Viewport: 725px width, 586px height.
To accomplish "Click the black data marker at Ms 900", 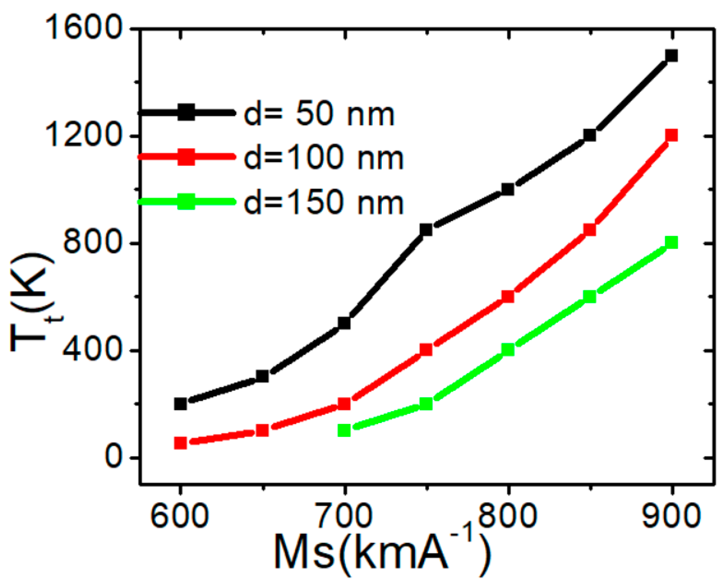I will [x=671, y=55].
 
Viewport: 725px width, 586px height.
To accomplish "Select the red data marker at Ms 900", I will [x=671, y=135].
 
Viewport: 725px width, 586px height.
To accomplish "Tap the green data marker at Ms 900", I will [x=671, y=243].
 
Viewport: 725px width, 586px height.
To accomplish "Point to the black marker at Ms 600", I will [x=181, y=404].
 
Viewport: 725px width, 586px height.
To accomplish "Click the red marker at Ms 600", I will [x=181, y=443].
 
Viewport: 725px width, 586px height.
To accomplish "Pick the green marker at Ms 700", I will [x=344, y=431].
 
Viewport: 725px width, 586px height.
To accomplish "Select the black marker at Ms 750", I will [x=426, y=230].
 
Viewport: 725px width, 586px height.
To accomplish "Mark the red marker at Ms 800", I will [x=508, y=296].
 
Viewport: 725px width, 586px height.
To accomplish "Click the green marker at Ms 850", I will [x=590, y=296].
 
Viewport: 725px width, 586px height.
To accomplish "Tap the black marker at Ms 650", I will [x=262, y=376].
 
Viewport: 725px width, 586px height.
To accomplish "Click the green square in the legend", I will [x=186, y=201].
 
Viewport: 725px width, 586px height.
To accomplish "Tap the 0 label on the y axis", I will [x=113, y=457].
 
